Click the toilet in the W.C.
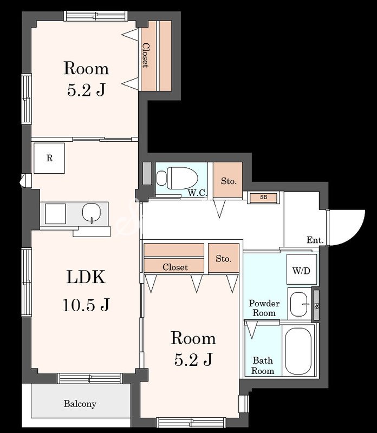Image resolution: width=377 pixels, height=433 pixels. coord(177,178)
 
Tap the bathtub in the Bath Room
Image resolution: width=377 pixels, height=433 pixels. coord(298,351)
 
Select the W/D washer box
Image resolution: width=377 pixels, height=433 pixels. coord(302,269)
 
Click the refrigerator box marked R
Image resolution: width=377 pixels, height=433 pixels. coord(49,158)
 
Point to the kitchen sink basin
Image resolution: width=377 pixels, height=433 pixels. coord(91,213)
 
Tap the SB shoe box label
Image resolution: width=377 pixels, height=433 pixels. coord(263,198)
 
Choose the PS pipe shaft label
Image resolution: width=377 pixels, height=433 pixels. coord(316,306)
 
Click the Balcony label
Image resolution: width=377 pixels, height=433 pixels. coord(80,404)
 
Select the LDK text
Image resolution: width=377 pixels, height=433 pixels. coord(86,277)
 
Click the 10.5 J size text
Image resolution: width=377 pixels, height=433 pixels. coord(86,305)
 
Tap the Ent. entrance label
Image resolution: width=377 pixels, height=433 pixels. coord(315,240)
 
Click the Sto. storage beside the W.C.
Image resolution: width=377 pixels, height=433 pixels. coord(228,180)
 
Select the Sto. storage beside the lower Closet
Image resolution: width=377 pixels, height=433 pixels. coord(223,258)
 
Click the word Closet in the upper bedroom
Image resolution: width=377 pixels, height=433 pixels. coord(145,55)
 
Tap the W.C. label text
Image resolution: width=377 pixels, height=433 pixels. coord(197,193)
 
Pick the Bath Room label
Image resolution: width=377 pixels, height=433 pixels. coord(263,365)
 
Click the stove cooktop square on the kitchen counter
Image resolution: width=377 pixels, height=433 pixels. coord(55,213)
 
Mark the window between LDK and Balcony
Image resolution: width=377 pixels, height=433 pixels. coord(90,378)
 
